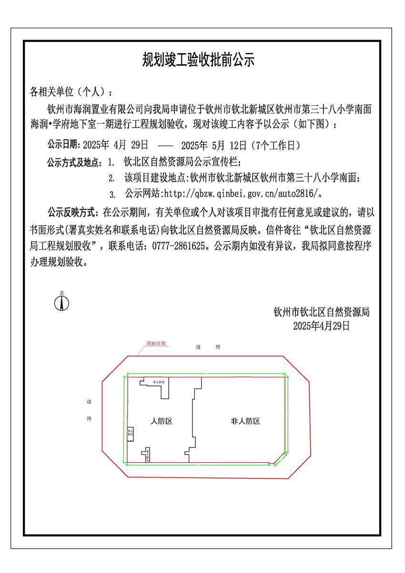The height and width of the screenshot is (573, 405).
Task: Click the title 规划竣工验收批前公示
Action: (199, 60)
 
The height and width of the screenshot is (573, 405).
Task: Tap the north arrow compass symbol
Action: (62, 302)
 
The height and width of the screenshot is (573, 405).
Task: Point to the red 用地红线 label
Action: (156, 344)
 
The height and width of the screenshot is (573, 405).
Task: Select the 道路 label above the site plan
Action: (208, 347)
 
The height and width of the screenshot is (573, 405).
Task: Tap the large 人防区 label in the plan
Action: (161, 421)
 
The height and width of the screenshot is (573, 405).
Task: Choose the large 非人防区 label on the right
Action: (245, 421)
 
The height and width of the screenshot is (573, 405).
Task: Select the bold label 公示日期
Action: (64, 145)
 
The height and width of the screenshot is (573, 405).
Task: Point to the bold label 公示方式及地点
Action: (74, 162)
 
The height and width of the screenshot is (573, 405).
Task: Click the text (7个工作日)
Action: (278, 145)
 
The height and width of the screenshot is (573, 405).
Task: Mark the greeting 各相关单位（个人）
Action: (71, 91)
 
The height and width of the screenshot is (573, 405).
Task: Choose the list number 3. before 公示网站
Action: (112, 195)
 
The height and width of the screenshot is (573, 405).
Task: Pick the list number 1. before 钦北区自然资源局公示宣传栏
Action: (111, 162)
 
